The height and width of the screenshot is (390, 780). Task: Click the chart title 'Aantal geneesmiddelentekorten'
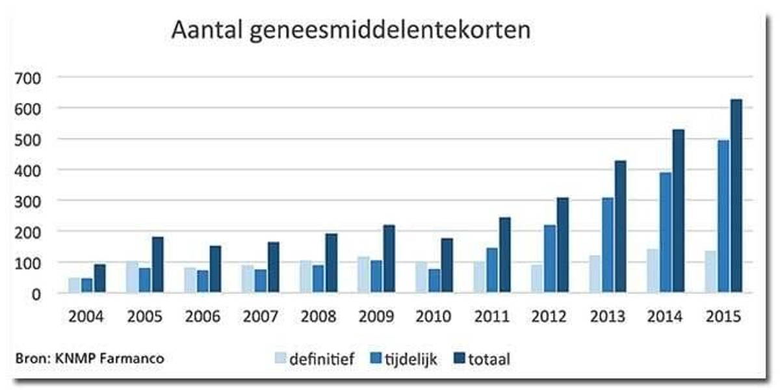[x=350, y=31]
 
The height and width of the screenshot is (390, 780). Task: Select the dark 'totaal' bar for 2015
[x=736, y=196]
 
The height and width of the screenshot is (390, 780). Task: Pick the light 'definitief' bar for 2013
[x=595, y=274]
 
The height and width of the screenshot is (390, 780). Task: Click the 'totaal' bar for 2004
[x=99, y=278]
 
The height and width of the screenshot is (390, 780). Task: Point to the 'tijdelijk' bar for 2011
[x=491, y=270]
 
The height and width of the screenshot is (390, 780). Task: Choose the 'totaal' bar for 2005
[x=157, y=265]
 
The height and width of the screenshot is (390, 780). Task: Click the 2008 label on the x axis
[x=318, y=317]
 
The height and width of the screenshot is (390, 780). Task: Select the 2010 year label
[x=434, y=317]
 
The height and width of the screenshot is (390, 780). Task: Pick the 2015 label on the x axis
[x=724, y=317]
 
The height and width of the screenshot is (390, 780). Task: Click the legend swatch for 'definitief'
[x=280, y=358]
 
